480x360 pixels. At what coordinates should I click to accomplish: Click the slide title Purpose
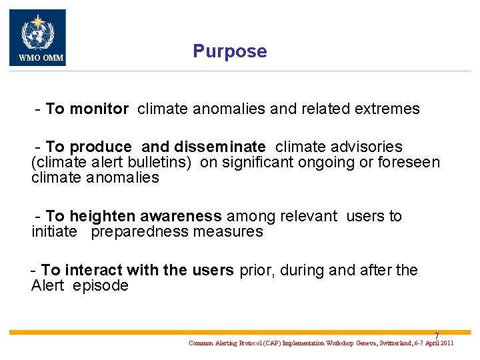(x=229, y=51)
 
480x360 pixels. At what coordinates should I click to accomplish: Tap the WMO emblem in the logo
(x=37, y=32)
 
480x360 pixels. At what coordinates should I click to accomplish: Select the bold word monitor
(x=99, y=109)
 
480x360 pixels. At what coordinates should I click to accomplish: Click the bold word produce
(x=101, y=147)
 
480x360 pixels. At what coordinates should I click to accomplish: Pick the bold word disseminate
(x=220, y=147)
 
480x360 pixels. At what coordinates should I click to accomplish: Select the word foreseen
(x=411, y=162)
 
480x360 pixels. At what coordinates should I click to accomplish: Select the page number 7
(x=437, y=335)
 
